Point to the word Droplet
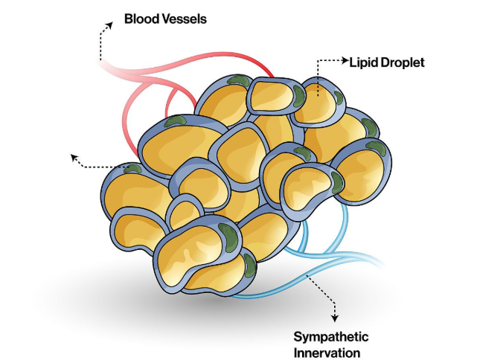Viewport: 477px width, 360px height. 403,62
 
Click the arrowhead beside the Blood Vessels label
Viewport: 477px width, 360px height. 109,25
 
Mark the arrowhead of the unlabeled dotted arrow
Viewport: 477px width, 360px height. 73,156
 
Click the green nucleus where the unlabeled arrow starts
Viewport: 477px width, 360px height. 133,169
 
